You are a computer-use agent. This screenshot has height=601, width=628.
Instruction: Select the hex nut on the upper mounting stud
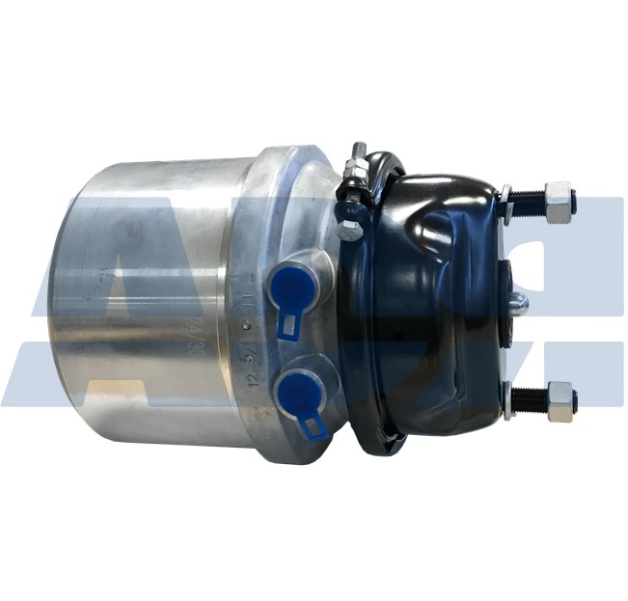point(558,203)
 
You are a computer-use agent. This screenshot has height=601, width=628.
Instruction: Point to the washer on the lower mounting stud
point(506,399)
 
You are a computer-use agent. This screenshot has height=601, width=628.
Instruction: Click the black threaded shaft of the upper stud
point(528,201)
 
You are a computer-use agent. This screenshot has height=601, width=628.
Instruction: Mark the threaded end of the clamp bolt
point(358,152)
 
